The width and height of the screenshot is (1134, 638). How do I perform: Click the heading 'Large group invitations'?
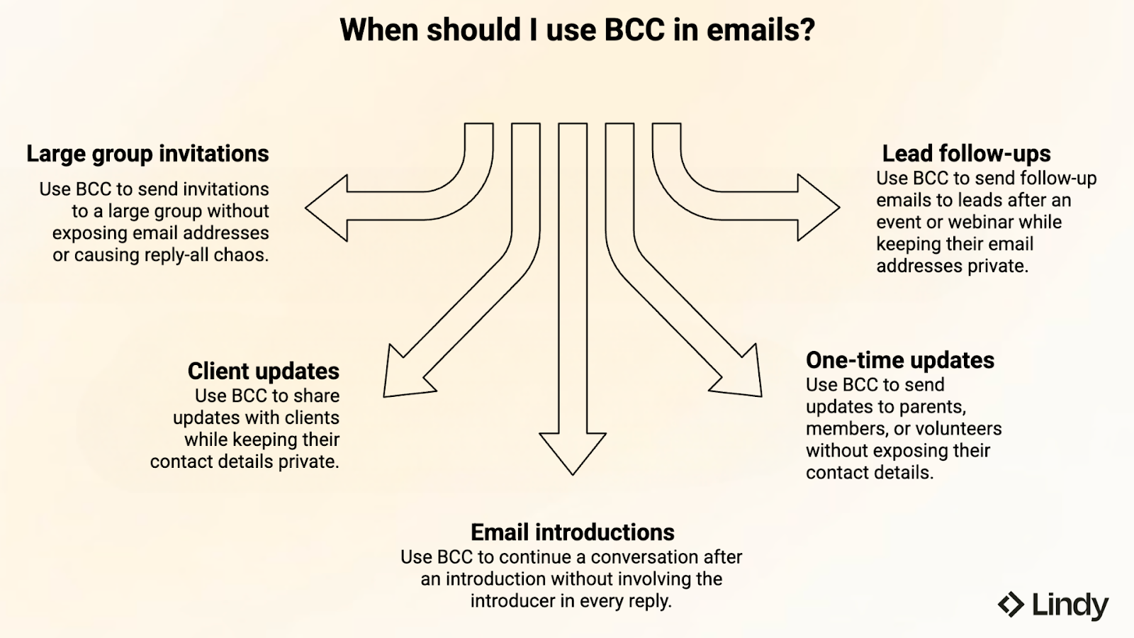pos(147,154)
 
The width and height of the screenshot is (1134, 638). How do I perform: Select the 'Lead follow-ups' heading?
pos(966,154)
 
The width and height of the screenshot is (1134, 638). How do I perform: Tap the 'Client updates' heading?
pos(263,371)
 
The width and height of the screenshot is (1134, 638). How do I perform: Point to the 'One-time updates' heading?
pos(899,360)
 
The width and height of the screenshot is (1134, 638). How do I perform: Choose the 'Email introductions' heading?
pos(572,532)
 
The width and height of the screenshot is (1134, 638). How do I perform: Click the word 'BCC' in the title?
pos(634,30)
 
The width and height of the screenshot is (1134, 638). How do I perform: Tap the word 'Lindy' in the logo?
pos(1070,606)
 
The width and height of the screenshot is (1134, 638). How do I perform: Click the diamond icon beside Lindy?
pos(1011,605)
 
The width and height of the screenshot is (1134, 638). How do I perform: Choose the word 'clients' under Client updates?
pos(312,418)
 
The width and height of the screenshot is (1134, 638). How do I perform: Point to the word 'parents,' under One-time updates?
pos(931,407)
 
